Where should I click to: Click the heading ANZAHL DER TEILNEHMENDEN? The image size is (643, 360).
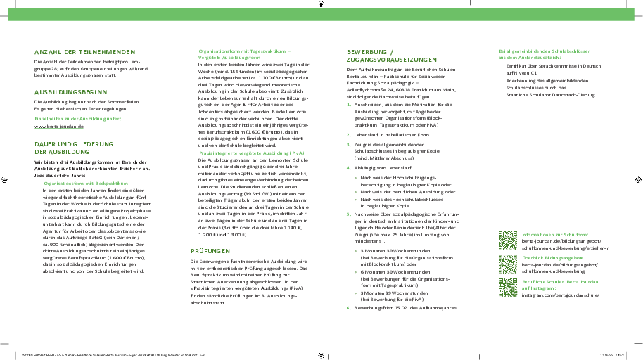click(x=84, y=51)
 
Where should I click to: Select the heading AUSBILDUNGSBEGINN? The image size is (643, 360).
click(x=70, y=91)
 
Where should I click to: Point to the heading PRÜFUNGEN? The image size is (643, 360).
click(x=211, y=251)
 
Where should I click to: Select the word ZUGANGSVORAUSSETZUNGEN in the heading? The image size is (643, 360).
click(x=392, y=60)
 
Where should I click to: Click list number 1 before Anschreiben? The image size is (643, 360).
click(x=348, y=103)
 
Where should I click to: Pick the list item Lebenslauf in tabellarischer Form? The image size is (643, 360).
click(x=392, y=134)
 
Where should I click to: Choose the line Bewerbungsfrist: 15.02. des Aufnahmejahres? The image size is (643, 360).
click(x=405, y=308)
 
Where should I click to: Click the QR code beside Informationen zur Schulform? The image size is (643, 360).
click(x=508, y=241)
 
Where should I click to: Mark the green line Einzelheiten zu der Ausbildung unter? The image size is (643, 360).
click(x=78, y=119)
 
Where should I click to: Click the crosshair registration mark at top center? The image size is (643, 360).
click(x=321, y=4)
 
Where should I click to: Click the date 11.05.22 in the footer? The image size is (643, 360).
click(x=606, y=355)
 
